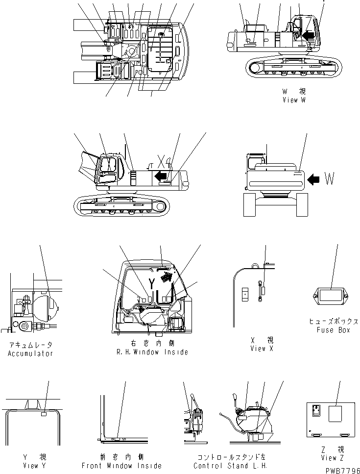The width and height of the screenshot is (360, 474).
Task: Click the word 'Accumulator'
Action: [30, 353]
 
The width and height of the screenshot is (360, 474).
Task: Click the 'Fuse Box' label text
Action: [333, 330]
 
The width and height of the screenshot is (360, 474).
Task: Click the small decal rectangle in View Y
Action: [45, 414]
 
